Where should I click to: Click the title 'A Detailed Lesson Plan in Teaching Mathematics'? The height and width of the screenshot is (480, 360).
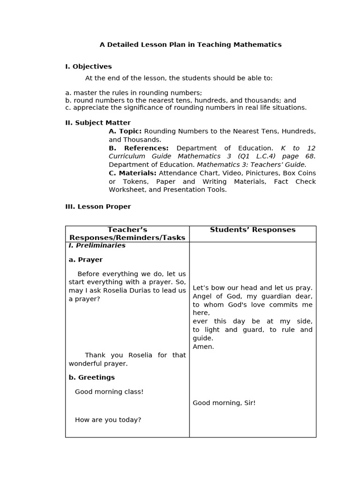tap(190, 45)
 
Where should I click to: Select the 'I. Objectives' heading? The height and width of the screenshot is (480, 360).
tap(88, 67)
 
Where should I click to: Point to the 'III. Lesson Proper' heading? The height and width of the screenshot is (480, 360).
tap(98, 206)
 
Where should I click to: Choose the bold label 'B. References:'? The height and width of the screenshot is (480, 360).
tap(139, 148)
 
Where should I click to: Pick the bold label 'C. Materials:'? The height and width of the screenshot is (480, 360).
tap(132, 173)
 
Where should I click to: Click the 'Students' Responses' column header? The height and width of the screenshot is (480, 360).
tap(253, 230)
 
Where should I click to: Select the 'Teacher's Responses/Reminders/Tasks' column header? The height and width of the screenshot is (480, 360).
tap(127, 233)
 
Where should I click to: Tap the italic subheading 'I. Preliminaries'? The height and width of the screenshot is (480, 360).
tap(97, 245)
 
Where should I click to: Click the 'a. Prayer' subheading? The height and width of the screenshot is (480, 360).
tap(85, 260)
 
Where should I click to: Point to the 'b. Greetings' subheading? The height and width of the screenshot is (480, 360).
tap(91, 377)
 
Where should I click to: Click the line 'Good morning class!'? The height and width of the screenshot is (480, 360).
tap(109, 391)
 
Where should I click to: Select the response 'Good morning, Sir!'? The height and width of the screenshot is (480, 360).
tap(224, 403)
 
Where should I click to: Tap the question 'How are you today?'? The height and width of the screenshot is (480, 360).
tap(108, 420)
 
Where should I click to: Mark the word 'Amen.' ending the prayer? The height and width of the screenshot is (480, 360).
tap(203, 346)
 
